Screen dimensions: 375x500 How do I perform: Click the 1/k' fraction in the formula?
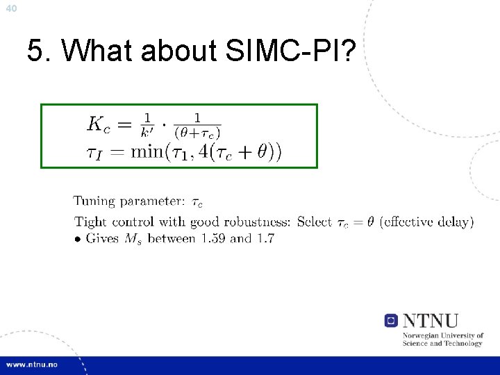147,125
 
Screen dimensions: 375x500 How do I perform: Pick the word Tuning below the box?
94,202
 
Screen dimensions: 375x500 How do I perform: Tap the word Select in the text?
314,222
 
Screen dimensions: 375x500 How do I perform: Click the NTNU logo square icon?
391,321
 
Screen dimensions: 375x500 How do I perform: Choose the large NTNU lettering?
431,321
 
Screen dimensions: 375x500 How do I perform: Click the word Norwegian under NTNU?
421,336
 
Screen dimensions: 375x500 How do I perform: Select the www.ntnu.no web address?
33,365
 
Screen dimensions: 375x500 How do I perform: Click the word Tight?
89,222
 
